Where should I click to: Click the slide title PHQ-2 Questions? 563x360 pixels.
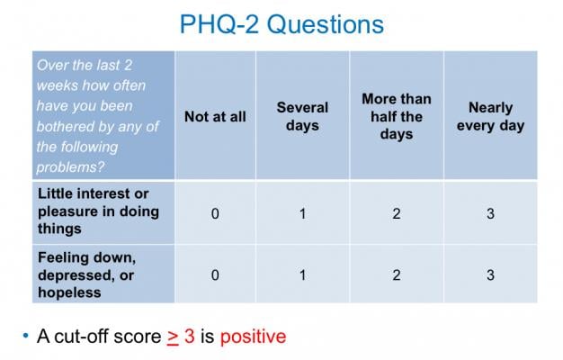281,24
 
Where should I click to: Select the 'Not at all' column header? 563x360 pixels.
215,116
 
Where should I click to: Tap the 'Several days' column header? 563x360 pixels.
302,116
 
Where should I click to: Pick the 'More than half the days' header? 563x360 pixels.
396,116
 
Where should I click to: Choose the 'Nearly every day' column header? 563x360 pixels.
490,116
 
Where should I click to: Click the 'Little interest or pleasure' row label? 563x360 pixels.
98,211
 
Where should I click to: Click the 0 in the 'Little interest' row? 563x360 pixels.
215,212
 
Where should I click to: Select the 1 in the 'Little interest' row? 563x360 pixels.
302,212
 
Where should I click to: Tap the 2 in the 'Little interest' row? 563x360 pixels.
396,212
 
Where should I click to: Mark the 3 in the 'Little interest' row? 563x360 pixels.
490,212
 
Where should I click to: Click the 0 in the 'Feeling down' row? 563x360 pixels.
215,274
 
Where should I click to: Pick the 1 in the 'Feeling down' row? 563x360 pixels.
302,274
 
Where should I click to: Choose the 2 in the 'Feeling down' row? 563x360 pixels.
396,274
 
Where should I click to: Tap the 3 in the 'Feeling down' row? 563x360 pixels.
490,274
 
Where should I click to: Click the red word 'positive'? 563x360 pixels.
253,337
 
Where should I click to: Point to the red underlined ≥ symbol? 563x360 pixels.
173,337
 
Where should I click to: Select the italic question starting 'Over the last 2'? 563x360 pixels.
98,114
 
